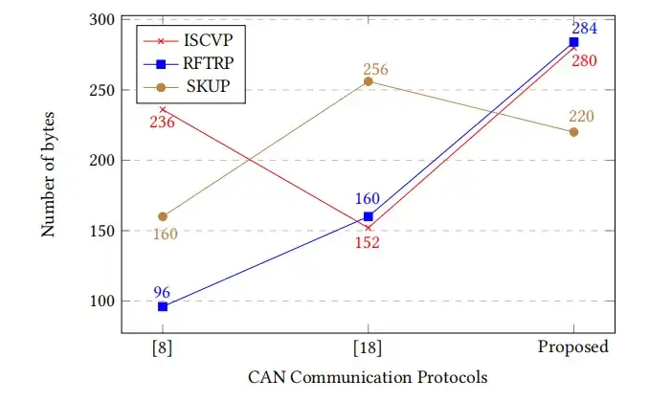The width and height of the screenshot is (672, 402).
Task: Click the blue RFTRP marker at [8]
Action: tap(163, 306)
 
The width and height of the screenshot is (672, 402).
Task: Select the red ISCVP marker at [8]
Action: tap(163, 110)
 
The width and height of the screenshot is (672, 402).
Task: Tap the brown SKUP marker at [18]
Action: tap(369, 81)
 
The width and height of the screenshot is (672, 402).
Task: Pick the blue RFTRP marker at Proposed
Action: tap(573, 42)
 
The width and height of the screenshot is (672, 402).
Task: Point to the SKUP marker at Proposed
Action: tap(573, 132)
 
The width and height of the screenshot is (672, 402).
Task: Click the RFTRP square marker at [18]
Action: tap(369, 216)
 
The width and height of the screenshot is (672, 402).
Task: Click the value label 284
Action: tap(584, 28)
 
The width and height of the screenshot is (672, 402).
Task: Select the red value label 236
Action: tap(161, 123)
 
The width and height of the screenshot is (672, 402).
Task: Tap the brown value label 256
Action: tap(377, 69)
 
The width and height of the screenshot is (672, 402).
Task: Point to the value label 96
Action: tap(163, 292)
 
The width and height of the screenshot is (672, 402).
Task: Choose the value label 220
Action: tap(582, 117)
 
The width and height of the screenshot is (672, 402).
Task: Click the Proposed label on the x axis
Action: tap(573, 346)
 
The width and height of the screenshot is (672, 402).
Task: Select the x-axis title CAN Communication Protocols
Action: tap(369, 377)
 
